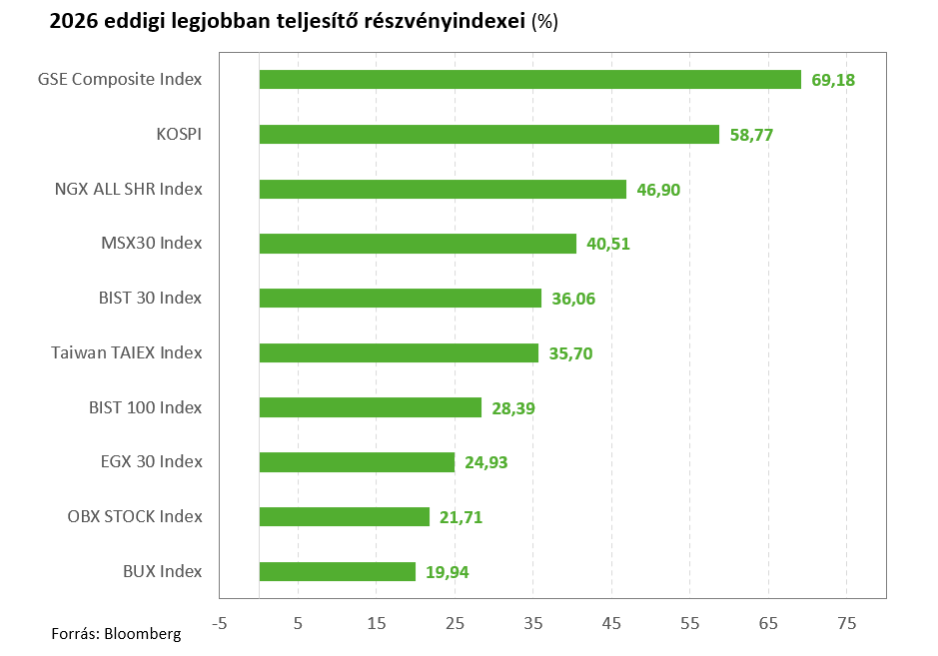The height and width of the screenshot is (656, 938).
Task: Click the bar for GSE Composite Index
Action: pyautogui.click(x=530, y=80)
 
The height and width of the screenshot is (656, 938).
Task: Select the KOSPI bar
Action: pyautogui.click(x=489, y=135)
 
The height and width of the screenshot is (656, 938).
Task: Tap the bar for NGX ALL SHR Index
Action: pyautogui.click(x=443, y=189)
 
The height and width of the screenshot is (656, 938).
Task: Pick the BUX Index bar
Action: pyautogui.click(x=338, y=572)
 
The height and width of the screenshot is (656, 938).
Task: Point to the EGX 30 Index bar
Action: pyautogui.click(x=358, y=462)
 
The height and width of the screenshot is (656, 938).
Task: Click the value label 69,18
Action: pyautogui.click(x=833, y=80)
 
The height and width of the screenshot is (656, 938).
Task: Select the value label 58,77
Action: pyautogui.click(x=751, y=135)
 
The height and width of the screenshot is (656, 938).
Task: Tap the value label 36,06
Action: pyautogui.click(x=573, y=299)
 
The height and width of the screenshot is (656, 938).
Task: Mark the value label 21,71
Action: pyautogui.click(x=461, y=517)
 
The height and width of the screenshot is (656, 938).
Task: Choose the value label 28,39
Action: pyautogui.click(x=513, y=408)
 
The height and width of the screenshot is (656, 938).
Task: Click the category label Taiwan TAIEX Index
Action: pyautogui.click(x=126, y=352)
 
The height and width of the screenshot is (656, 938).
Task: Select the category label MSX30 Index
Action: pyautogui.click(x=152, y=243)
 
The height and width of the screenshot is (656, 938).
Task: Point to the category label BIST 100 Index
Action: pyautogui.click(x=146, y=407)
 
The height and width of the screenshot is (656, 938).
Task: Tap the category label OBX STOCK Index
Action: pyautogui.click(x=135, y=516)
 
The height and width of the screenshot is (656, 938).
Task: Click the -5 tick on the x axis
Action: pyautogui.click(x=220, y=624)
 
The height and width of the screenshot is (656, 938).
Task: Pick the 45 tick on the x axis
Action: pyautogui.click(x=611, y=624)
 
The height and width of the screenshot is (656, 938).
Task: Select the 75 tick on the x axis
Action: pyautogui.click(x=846, y=624)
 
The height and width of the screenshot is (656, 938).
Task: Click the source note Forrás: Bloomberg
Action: pyautogui.click(x=116, y=634)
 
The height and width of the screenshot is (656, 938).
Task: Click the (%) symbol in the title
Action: pyautogui.click(x=544, y=22)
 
